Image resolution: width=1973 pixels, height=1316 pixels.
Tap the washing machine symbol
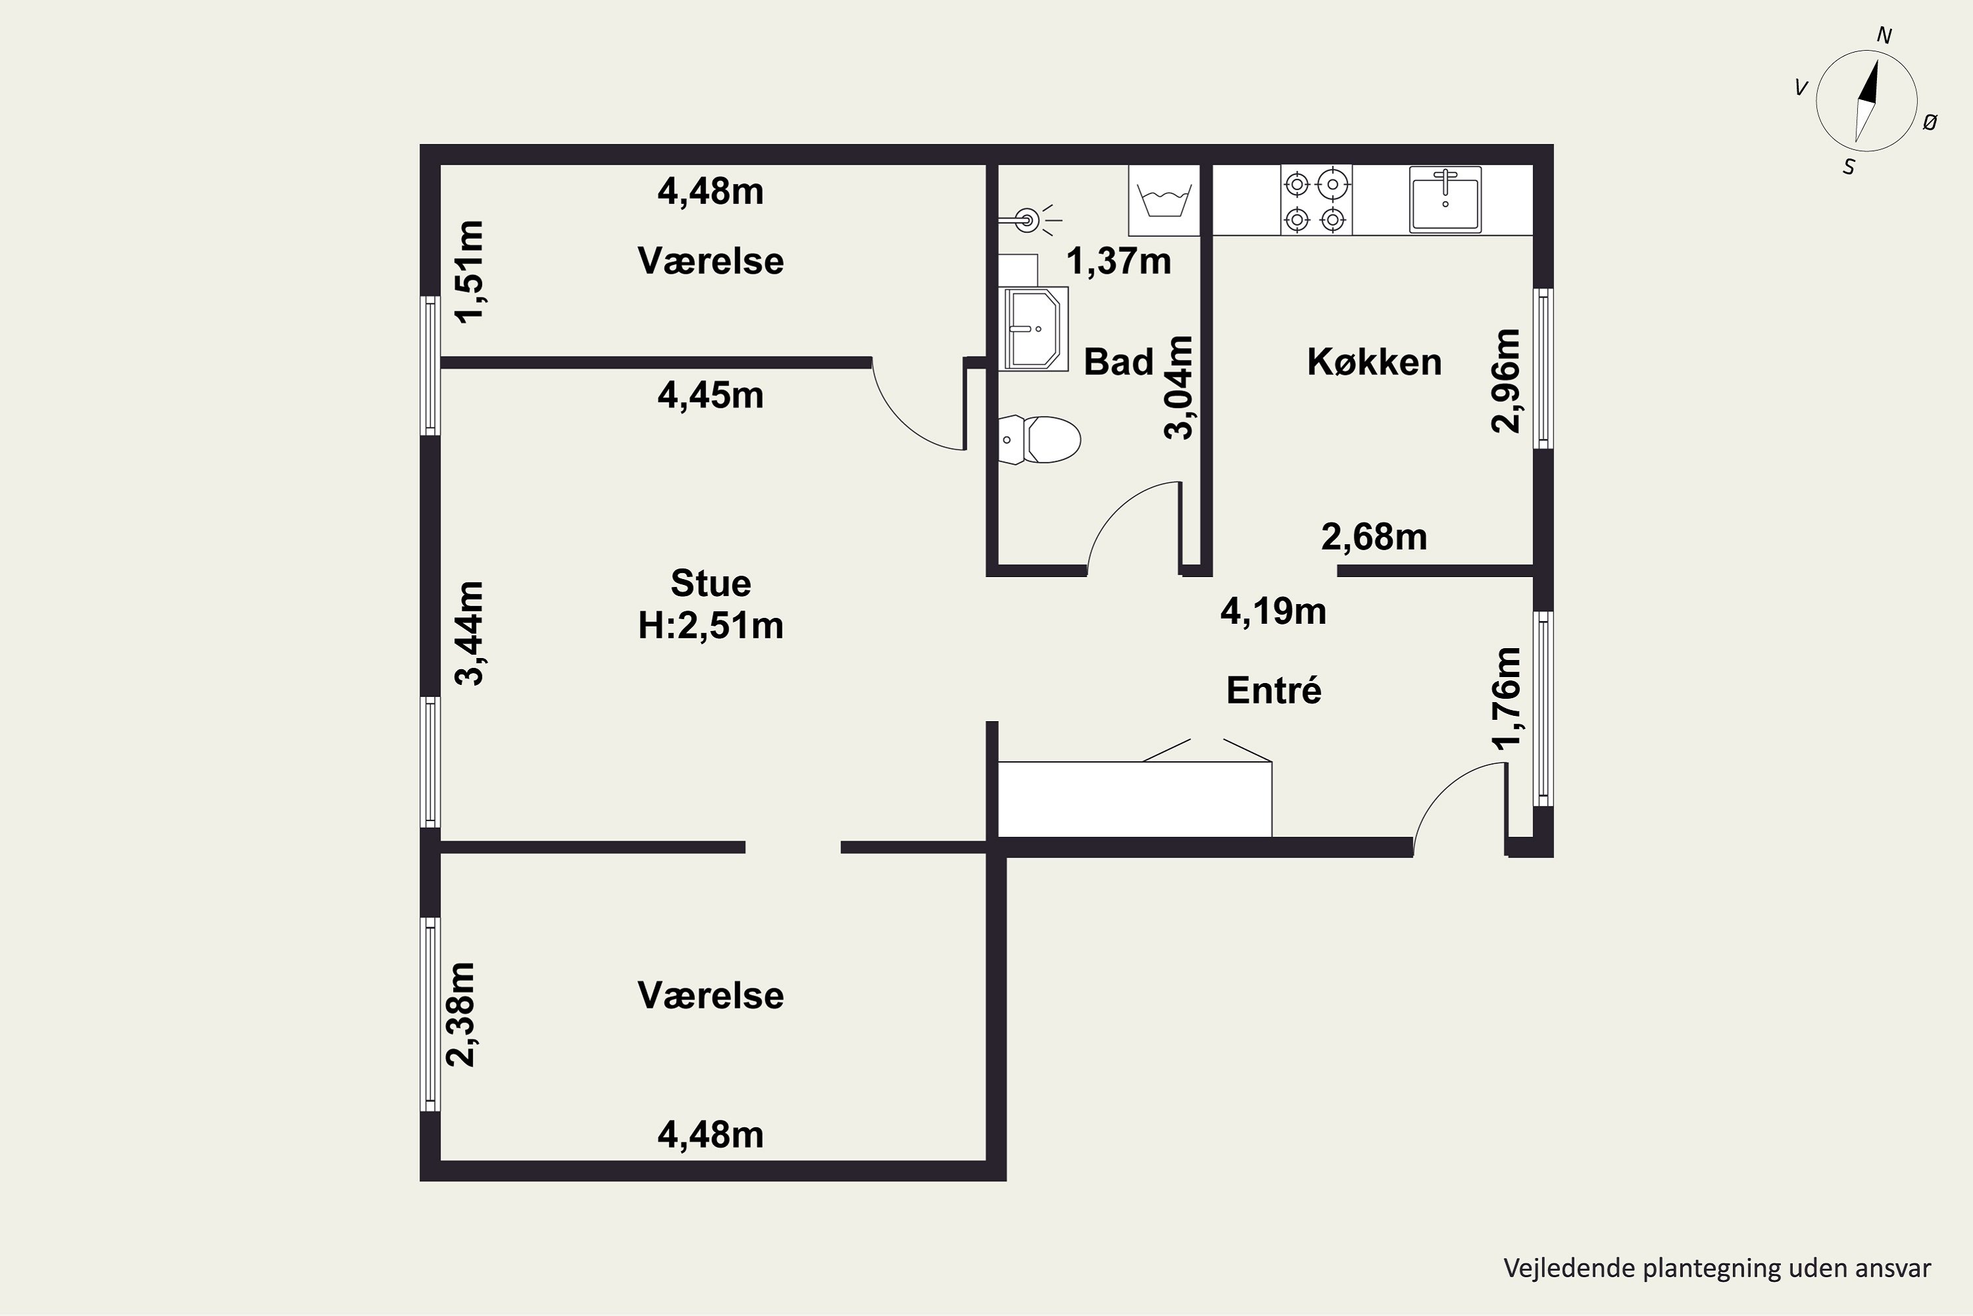(x=1164, y=201)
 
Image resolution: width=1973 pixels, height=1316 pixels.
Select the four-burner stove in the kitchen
(x=1315, y=201)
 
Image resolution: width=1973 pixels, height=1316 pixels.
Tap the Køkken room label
(x=1374, y=363)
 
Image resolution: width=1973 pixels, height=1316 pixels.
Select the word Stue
(x=710, y=583)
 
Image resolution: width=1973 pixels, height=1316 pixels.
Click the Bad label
(x=1118, y=363)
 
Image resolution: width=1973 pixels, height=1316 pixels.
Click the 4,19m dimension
(x=1273, y=612)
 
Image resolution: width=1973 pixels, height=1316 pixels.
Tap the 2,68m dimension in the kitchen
(x=1374, y=537)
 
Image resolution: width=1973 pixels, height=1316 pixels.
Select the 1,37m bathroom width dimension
(x=1118, y=262)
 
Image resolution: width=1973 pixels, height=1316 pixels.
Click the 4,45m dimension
(x=710, y=395)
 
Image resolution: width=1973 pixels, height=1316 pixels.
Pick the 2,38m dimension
(x=460, y=1014)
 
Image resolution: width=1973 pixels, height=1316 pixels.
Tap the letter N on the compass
(x=1884, y=36)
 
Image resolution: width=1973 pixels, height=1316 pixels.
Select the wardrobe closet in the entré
(x=1135, y=798)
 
